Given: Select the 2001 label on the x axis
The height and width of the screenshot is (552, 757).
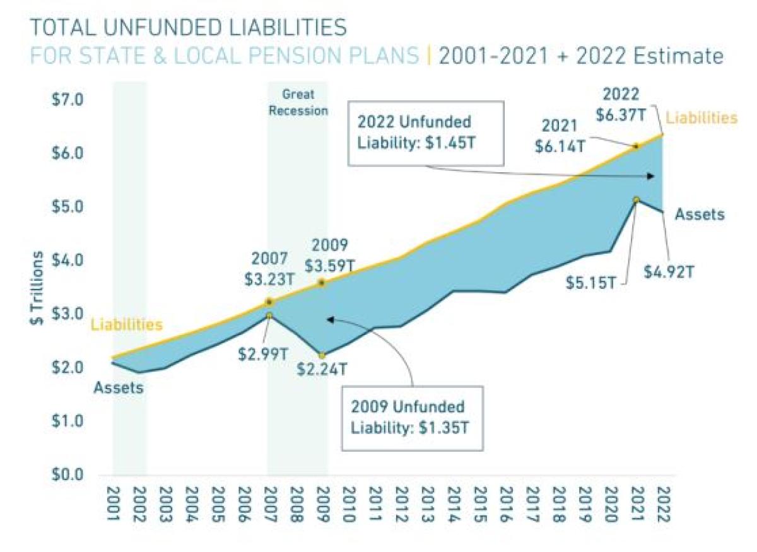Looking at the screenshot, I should pyautogui.click(x=114, y=503).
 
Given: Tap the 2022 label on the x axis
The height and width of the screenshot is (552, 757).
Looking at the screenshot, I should pyautogui.click(x=663, y=503).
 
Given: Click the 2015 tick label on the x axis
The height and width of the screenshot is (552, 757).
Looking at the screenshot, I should pyautogui.click(x=479, y=503).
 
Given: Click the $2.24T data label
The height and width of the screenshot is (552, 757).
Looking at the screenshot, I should pyautogui.click(x=322, y=368).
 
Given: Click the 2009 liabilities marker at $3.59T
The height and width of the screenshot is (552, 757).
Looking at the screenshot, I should pyautogui.click(x=321, y=283).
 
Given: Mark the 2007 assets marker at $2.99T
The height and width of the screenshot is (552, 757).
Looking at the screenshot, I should pyautogui.click(x=269, y=315).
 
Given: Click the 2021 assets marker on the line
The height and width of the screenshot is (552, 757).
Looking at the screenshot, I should pyautogui.click(x=637, y=200).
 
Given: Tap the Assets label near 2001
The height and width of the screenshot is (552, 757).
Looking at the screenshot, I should pyautogui.click(x=119, y=388).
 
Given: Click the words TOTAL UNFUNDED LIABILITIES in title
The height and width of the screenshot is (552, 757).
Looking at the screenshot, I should pyautogui.click(x=188, y=28).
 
